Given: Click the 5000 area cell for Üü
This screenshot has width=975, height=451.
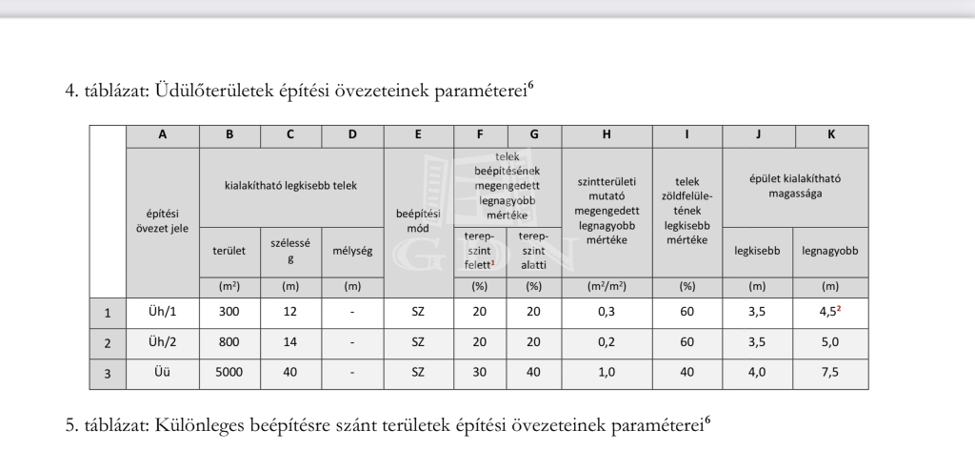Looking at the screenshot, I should pyautogui.click(x=229, y=373).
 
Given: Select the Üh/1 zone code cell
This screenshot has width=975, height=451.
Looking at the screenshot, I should pyautogui.click(x=163, y=312).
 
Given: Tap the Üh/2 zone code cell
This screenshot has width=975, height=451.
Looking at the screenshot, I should pyautogui.click(x=163, y=342).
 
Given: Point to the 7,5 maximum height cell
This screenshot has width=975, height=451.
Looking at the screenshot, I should pyautogui.click(x=830, y=373).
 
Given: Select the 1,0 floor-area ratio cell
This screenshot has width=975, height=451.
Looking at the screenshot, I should pyautogui.click(x=607, y=373).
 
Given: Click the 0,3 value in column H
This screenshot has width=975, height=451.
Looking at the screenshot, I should pyautogui.click(x=607, y=312).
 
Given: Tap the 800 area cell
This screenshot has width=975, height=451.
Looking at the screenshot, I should pyautogui.click(x=229, y=342).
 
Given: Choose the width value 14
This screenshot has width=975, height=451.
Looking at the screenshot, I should pyautogui.click(x=290, y=342).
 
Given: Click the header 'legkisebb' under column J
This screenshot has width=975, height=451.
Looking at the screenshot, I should pyautogui.click(x=758, y=252).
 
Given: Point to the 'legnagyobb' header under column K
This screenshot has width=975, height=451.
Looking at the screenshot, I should pyautogui.click(x=830, y=252).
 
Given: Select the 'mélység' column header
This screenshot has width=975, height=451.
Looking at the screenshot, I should pyautogui.click(x=352, y=252).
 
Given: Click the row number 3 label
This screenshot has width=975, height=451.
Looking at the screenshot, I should pyautogui.click(x=108, y=373).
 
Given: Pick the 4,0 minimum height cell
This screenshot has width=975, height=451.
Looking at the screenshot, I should pyautogui.click(x=758, y=373).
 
